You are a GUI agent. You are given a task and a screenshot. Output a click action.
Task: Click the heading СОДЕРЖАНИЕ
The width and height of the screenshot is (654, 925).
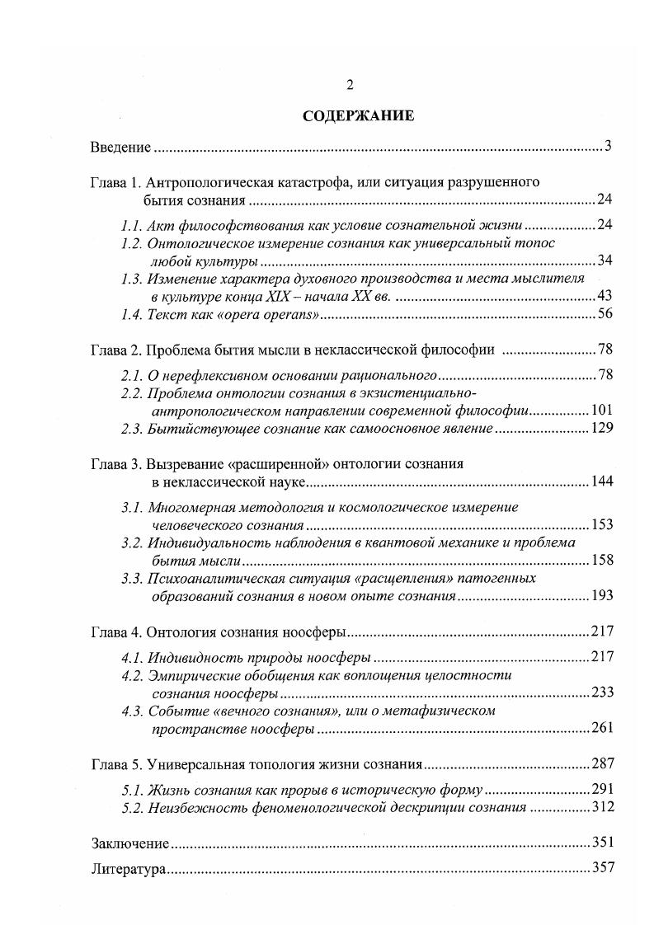point(358,115)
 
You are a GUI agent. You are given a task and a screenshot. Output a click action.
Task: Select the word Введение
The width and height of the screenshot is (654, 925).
point(120,148)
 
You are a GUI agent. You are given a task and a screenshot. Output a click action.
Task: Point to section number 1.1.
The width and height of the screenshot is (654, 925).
point(131,225)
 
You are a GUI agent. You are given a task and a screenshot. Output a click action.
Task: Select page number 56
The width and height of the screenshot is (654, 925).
point(605,315)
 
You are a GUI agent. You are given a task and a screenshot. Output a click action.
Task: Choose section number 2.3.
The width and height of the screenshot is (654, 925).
point(132,429)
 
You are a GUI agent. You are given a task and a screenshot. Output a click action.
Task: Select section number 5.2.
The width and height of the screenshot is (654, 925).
point(132,807)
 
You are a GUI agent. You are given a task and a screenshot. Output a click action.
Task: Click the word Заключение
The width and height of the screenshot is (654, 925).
point(129,843)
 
